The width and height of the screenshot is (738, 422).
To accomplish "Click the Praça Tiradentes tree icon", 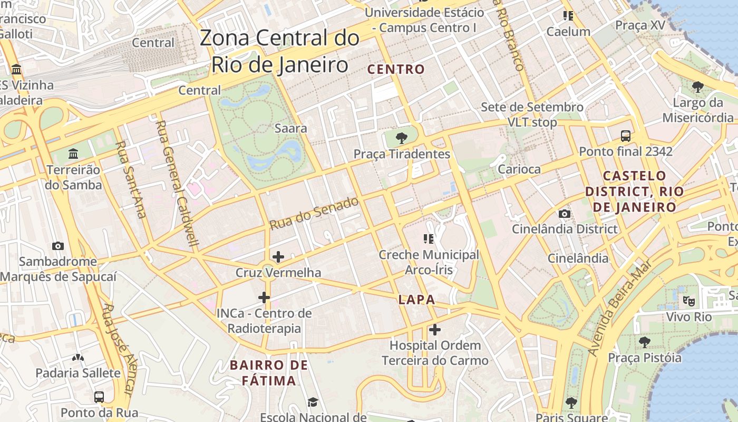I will (402, 138).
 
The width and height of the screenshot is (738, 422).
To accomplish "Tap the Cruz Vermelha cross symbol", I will (278, 257).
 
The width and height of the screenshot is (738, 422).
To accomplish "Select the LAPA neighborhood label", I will (416, 300).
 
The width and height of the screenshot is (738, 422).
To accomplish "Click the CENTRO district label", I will (396, 69).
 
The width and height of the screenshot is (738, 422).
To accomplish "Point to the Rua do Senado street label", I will (314, 213).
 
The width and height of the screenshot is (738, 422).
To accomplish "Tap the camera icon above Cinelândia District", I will (565, 214).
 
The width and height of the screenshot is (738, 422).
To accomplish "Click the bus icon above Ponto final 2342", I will (626, 136).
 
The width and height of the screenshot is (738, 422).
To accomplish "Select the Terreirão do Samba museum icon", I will (73, 154).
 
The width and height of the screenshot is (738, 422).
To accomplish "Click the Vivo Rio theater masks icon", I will (688, 301).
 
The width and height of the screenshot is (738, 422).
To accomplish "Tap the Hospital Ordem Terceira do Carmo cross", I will (435, 330).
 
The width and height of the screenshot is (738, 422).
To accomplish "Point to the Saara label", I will (291, 128).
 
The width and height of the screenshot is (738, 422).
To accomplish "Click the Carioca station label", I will (519, 169).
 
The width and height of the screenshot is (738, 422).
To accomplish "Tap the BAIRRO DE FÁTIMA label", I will (269, 372).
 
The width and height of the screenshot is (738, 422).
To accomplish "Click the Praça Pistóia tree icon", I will (644, 342).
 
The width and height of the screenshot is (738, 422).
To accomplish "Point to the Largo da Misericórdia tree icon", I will (698, 87).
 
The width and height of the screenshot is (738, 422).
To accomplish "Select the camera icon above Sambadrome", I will (58, 246).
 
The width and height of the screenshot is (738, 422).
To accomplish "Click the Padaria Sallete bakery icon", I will (78, 358).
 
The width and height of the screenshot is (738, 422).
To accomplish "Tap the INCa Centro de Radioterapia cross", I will (264, 298).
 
